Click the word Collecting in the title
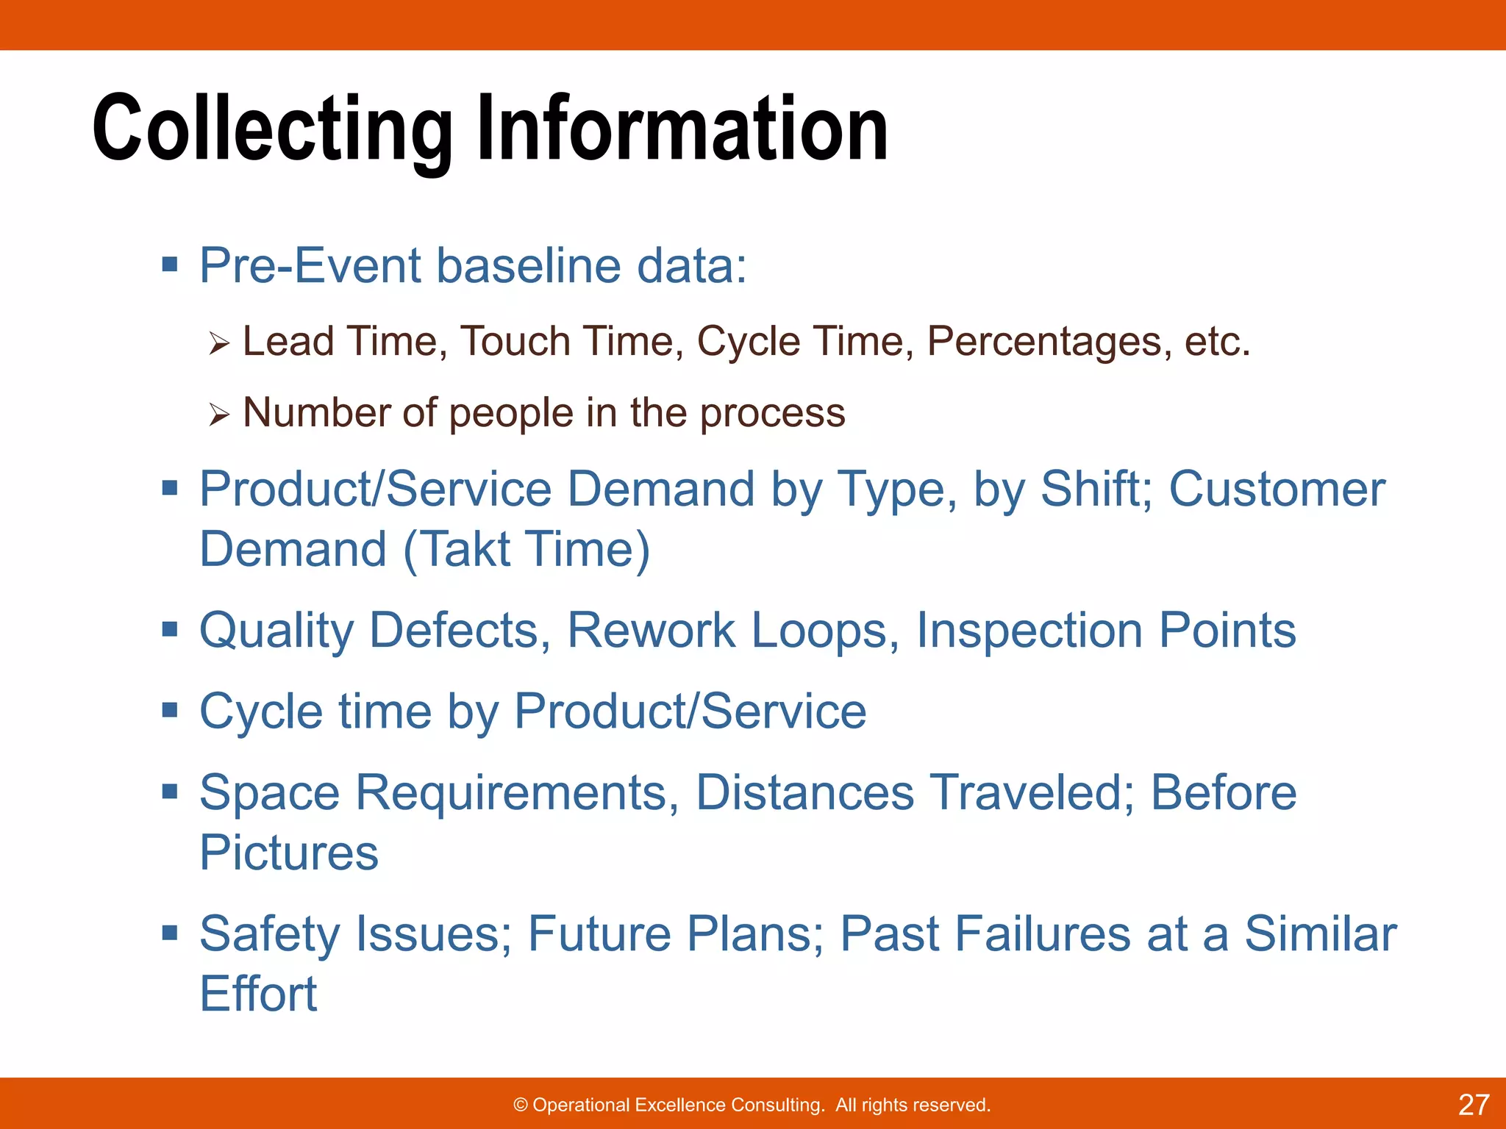tap(272, 129)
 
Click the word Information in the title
tap(682, 129)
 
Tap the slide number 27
tap(1473, 1105)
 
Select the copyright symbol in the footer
tap(521, 1105)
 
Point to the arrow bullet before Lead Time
tap(218, 343)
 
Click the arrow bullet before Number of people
tap(218, 415)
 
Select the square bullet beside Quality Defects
tap(170, 629)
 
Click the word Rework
tap(651, 631)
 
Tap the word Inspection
tap(1029, 631)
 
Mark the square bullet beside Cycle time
tap(170, 710)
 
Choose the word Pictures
tap(288, 853)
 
